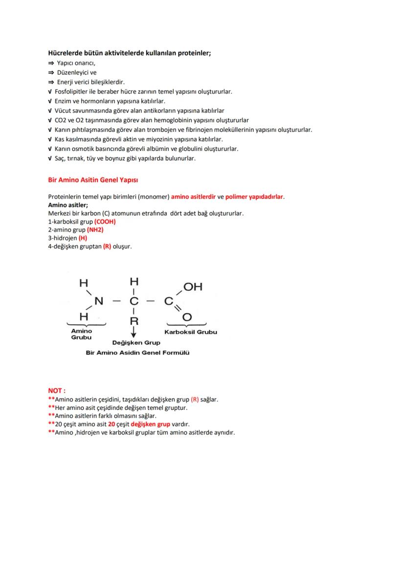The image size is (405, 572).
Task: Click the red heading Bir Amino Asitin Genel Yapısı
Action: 90,180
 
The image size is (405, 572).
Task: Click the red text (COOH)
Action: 105,221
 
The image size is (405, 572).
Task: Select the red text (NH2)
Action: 95,230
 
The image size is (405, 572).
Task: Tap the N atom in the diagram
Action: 99,301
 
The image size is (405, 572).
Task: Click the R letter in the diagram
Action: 134,321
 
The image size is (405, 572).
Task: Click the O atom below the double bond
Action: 186,318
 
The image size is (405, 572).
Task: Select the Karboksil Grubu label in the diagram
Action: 191,332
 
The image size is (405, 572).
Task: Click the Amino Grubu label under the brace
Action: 81,334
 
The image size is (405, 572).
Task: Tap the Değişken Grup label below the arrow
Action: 136,342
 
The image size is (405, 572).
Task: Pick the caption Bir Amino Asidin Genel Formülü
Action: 137,352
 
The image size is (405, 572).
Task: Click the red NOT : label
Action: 57,391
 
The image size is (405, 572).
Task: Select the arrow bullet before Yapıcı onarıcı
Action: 50,64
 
